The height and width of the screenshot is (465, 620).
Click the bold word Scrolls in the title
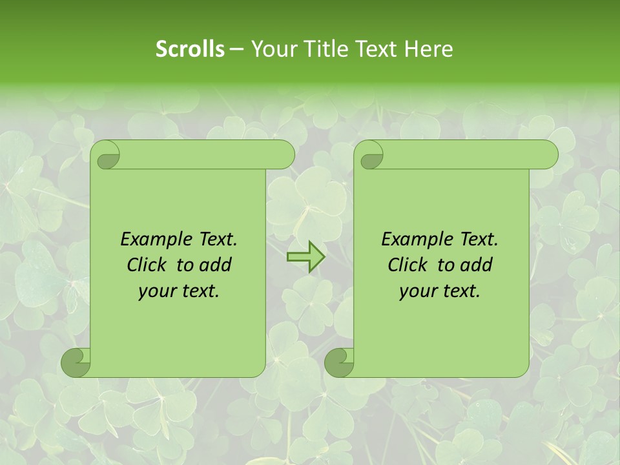[x=189, y=49]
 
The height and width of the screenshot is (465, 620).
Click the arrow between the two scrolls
[x=305, y=256]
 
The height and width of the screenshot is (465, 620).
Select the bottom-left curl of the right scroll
[x=339, y=362]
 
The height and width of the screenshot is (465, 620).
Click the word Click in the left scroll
[x=145, y=265]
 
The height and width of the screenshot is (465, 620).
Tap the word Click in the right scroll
[x=406, y=265]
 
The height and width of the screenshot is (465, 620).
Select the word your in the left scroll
[x=155, y=291]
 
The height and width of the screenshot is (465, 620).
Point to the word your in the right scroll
[x=417, y=291]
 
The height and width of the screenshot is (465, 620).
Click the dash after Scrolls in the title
[x=236, y=49]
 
